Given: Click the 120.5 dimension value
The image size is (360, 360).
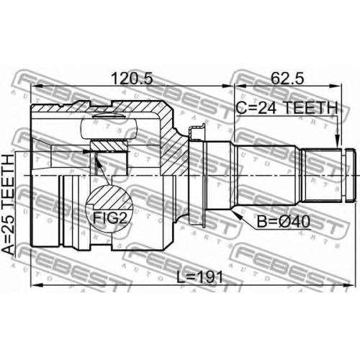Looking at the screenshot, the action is tap(132, 78).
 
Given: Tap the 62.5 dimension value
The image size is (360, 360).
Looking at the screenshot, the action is tap(287, 78).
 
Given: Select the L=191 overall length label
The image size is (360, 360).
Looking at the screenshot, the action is tap(199, 277).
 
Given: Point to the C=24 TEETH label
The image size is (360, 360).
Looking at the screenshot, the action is tap(287, 108).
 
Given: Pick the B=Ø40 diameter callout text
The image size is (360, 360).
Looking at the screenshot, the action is tap(284, 221).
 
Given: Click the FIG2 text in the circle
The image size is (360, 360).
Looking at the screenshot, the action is tap(109, 218).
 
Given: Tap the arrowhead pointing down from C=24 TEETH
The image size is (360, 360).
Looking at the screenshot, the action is tap(338, 141).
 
